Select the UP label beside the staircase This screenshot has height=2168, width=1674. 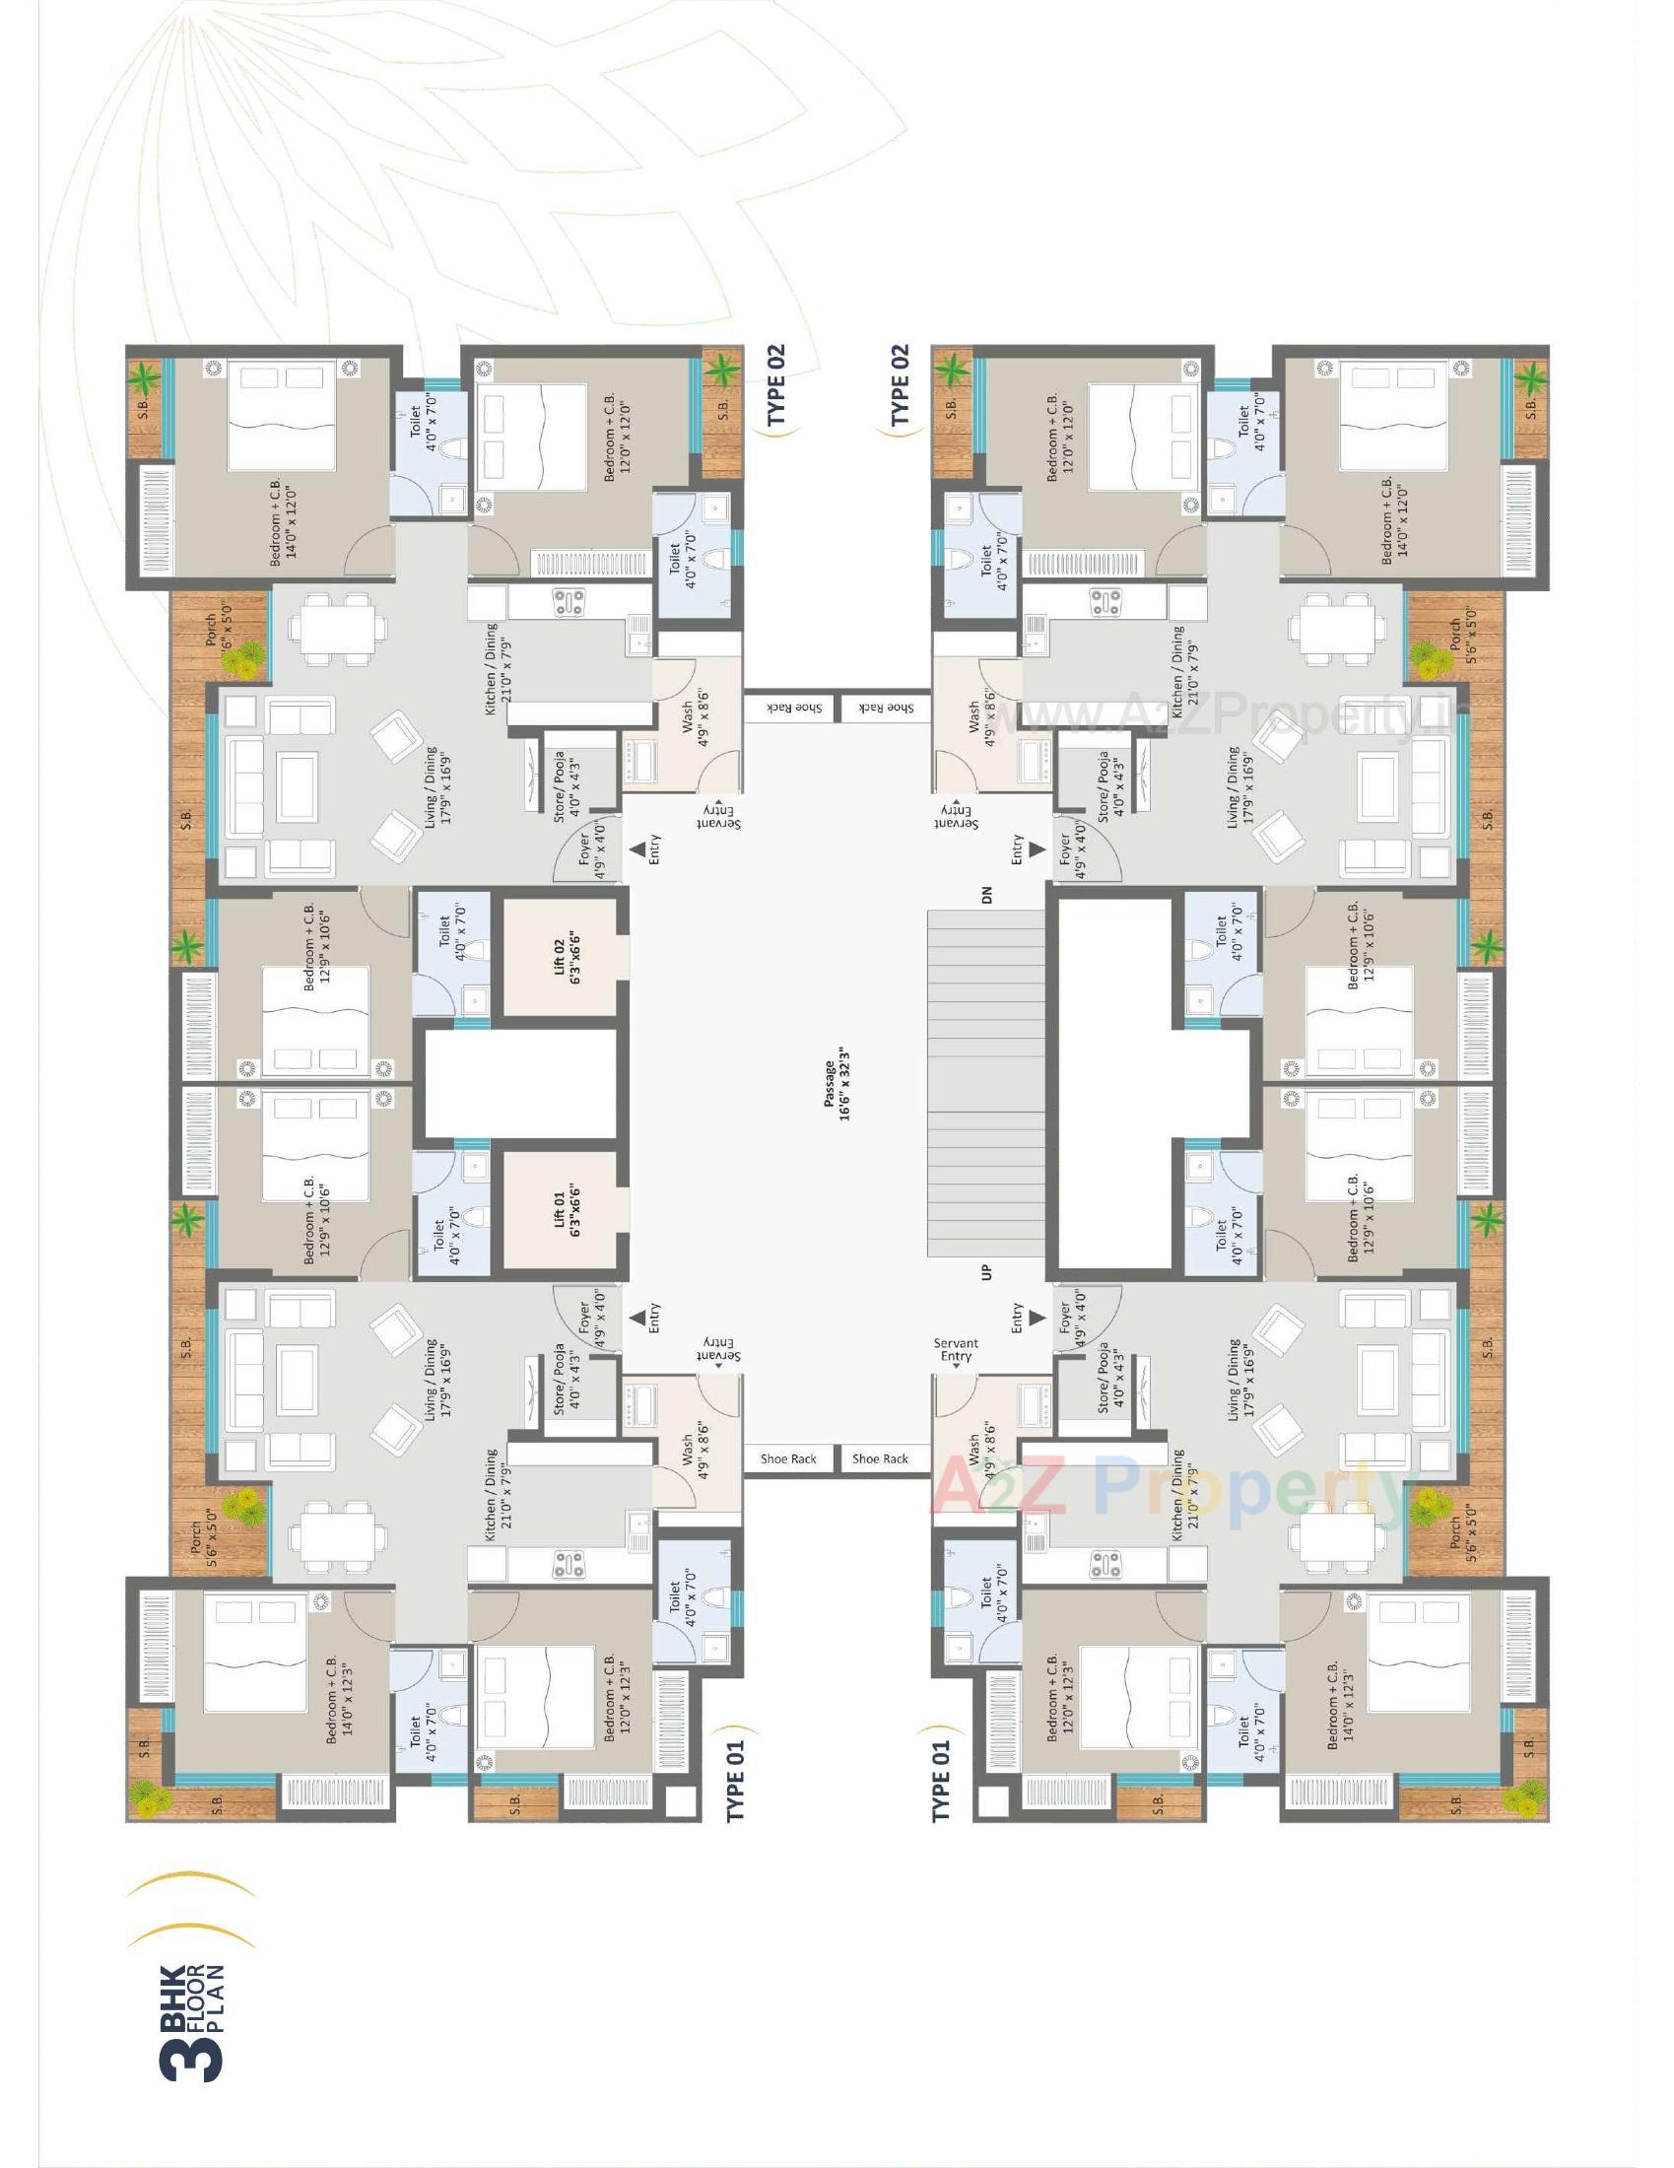[986, 1271]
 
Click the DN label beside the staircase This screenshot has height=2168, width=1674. [986, 896]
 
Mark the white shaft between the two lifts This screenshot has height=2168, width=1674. [522, 1083]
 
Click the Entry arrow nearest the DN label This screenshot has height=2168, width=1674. [1036, 849]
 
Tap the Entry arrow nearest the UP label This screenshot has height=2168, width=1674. [1036, 1318]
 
